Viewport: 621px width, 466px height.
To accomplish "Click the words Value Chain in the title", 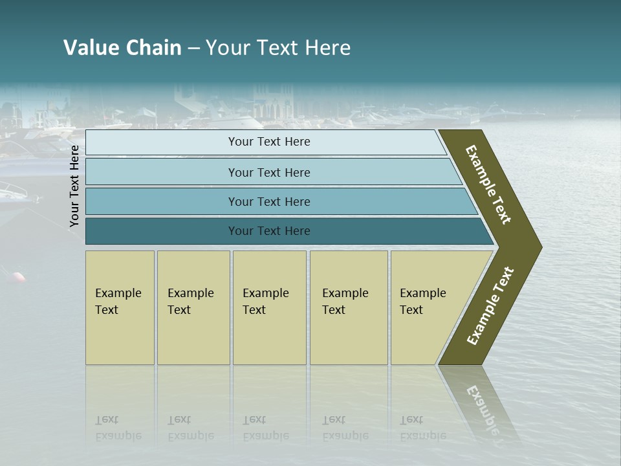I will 122,48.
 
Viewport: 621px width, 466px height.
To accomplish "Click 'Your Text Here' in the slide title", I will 278,48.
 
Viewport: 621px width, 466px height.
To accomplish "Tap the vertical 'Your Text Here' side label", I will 74,186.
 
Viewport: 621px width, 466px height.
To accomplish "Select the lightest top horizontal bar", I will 268,142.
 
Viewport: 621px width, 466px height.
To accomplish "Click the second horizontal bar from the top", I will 268,172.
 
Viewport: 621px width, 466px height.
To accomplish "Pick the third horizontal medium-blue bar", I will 268,201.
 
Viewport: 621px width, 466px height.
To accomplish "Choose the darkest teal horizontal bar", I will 268,231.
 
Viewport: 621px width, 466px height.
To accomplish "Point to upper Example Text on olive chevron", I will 488,184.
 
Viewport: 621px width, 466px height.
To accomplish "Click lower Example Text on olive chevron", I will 490,305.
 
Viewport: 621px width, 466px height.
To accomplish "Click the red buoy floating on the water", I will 19,277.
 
